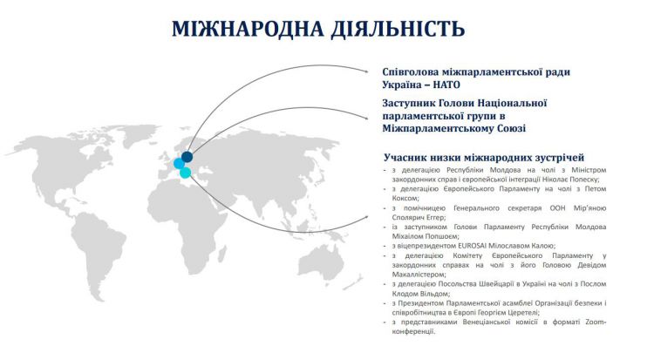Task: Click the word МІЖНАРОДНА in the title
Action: click(249, 29)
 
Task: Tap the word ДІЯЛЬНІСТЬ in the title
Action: click(398, 29)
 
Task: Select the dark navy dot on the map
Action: click(187, 157)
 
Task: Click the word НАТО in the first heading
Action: click(446, 85)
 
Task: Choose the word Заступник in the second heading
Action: click(407, 103)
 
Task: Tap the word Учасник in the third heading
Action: click(404, 158)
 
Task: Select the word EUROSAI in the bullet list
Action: click(473, 246)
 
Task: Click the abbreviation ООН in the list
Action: click(558, 207)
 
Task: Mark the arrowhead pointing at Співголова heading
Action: click(366, 71)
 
